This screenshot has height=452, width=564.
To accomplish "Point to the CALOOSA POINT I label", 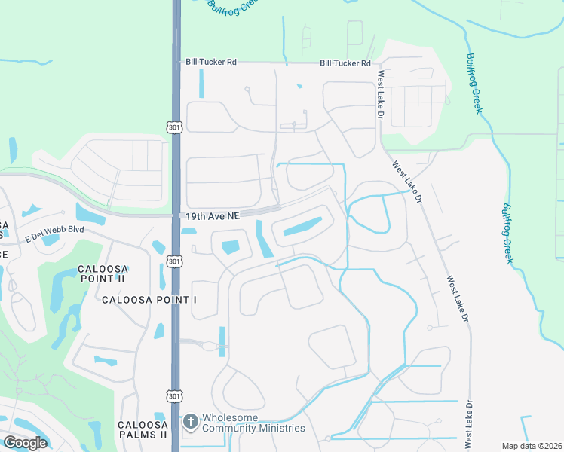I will click(x=149, y=300).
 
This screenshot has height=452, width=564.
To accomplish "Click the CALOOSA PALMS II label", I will click(x=143, y=429).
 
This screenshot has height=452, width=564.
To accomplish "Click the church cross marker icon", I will click(x=191, y=422).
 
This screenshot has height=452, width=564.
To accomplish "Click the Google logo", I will click(x=25, y=442).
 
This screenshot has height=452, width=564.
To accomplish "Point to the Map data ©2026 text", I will click(x=532, y=446).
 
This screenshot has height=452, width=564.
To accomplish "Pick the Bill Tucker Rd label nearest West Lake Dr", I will click(x=345, y=63).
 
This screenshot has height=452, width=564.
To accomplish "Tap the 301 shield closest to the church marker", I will click(x=174, y=395).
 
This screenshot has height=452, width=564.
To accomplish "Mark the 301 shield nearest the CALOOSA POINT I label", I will click(x=175, y=261).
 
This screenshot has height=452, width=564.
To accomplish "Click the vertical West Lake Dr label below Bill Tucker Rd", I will click(x=381, y=94).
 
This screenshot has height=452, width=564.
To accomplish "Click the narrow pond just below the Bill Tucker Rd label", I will click(x=201, y=84).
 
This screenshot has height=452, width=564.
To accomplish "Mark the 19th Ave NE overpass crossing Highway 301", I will click(x=176, y=215).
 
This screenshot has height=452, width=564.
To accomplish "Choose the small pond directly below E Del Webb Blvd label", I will click(x=51, y=241).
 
